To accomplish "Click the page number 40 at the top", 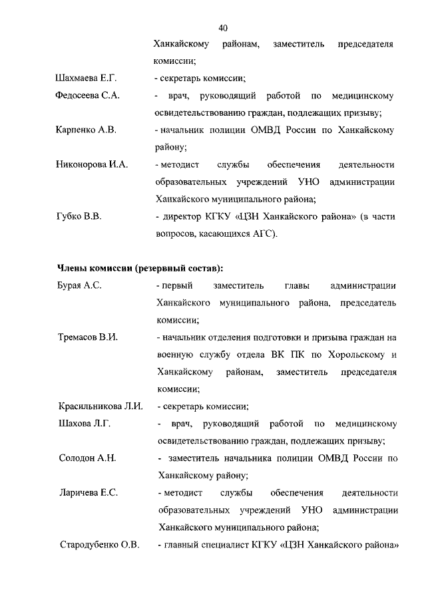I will [x=223, y=27].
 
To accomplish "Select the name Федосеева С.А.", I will [x=87, y=96].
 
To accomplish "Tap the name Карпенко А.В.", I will [x=86, y=130].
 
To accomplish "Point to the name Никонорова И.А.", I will [x=91, y=164].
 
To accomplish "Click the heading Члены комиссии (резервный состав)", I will [x=139, y=268].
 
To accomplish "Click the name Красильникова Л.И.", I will [x=101, y=406].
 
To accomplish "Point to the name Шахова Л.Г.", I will [x=83, y=423].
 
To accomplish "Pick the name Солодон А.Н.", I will [x=87, y=458].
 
